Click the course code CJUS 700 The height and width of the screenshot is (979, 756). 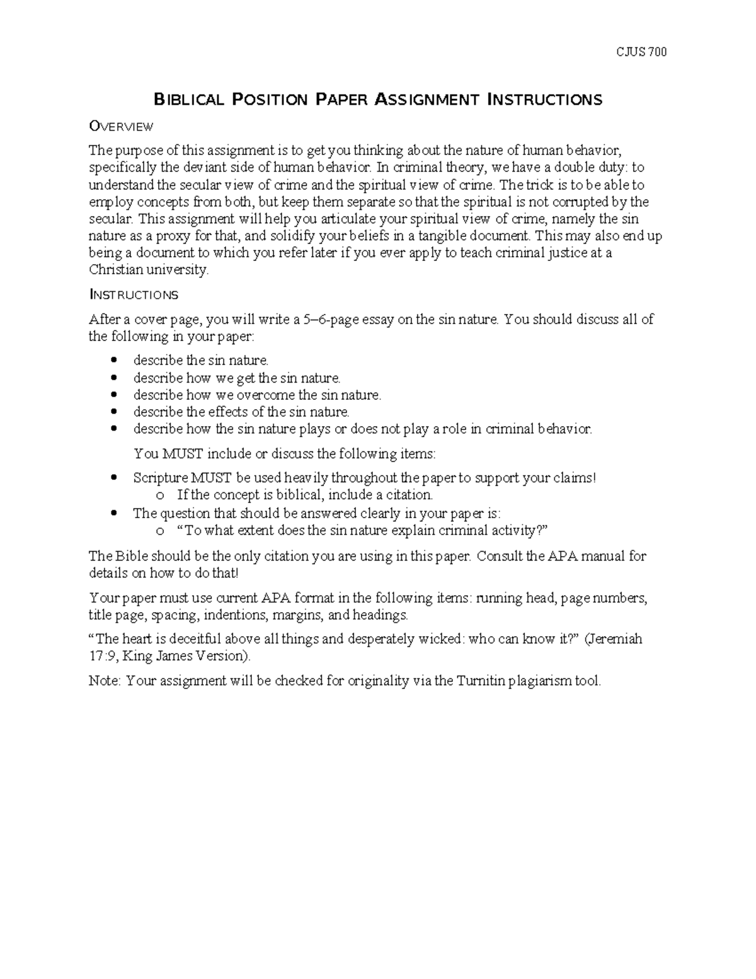pos(641,52)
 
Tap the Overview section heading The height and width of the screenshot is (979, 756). pos(121,127)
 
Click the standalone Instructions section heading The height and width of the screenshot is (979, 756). pos(134,295)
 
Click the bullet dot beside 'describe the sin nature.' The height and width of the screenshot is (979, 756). pos(113,361)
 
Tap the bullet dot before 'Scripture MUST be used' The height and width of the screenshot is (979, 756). pos(113,478)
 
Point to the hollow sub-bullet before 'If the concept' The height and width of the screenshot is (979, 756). pos(160,496)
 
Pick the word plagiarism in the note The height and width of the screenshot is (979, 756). pos(537,681)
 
